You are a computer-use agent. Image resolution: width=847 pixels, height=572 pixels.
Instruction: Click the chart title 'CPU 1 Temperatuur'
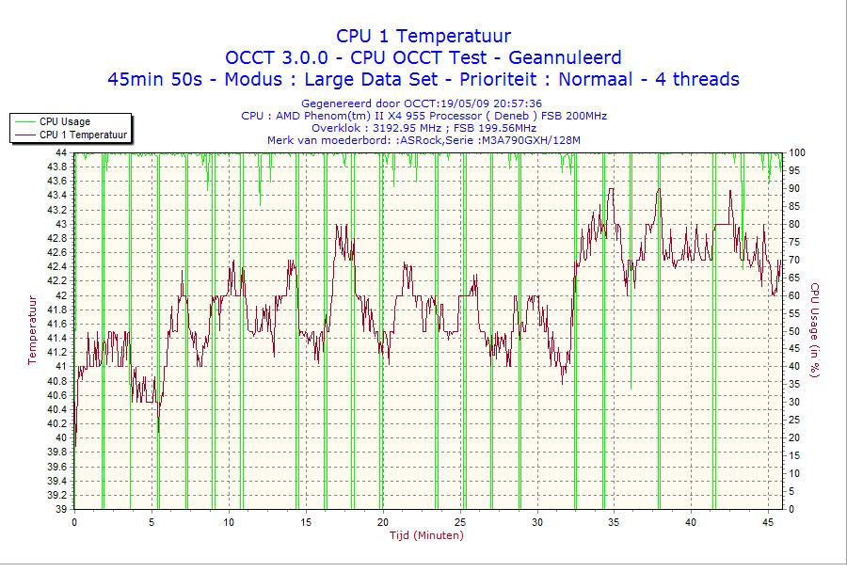pos(423,36)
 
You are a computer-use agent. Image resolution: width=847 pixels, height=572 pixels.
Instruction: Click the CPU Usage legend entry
pos(64,121)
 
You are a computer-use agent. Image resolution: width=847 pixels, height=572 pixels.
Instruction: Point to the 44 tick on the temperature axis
pos(60,152)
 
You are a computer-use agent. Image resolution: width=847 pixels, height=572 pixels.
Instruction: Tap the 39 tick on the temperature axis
pos(60,509)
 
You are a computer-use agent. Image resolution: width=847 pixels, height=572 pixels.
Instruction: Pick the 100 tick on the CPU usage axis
pos(796,152)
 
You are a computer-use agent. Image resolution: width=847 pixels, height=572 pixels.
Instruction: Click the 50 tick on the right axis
pos(793,331)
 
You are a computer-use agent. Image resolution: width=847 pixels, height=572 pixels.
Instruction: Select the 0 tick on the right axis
pos(791,509)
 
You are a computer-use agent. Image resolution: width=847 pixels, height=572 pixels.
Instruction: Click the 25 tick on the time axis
pos(459,522)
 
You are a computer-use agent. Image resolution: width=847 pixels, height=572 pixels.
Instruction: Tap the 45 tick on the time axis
pos(767,522)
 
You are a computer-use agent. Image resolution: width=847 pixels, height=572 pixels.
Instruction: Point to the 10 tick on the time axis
pos(228,522)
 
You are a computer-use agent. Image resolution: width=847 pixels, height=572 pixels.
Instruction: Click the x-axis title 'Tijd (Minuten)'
pos(425,535)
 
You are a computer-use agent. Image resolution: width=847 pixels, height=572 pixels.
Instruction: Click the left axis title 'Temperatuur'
pos(32,329)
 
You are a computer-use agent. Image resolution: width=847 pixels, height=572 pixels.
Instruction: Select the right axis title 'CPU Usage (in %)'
pos(815,329)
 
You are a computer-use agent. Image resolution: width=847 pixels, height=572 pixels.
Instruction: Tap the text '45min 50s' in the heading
pos(153,79)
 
